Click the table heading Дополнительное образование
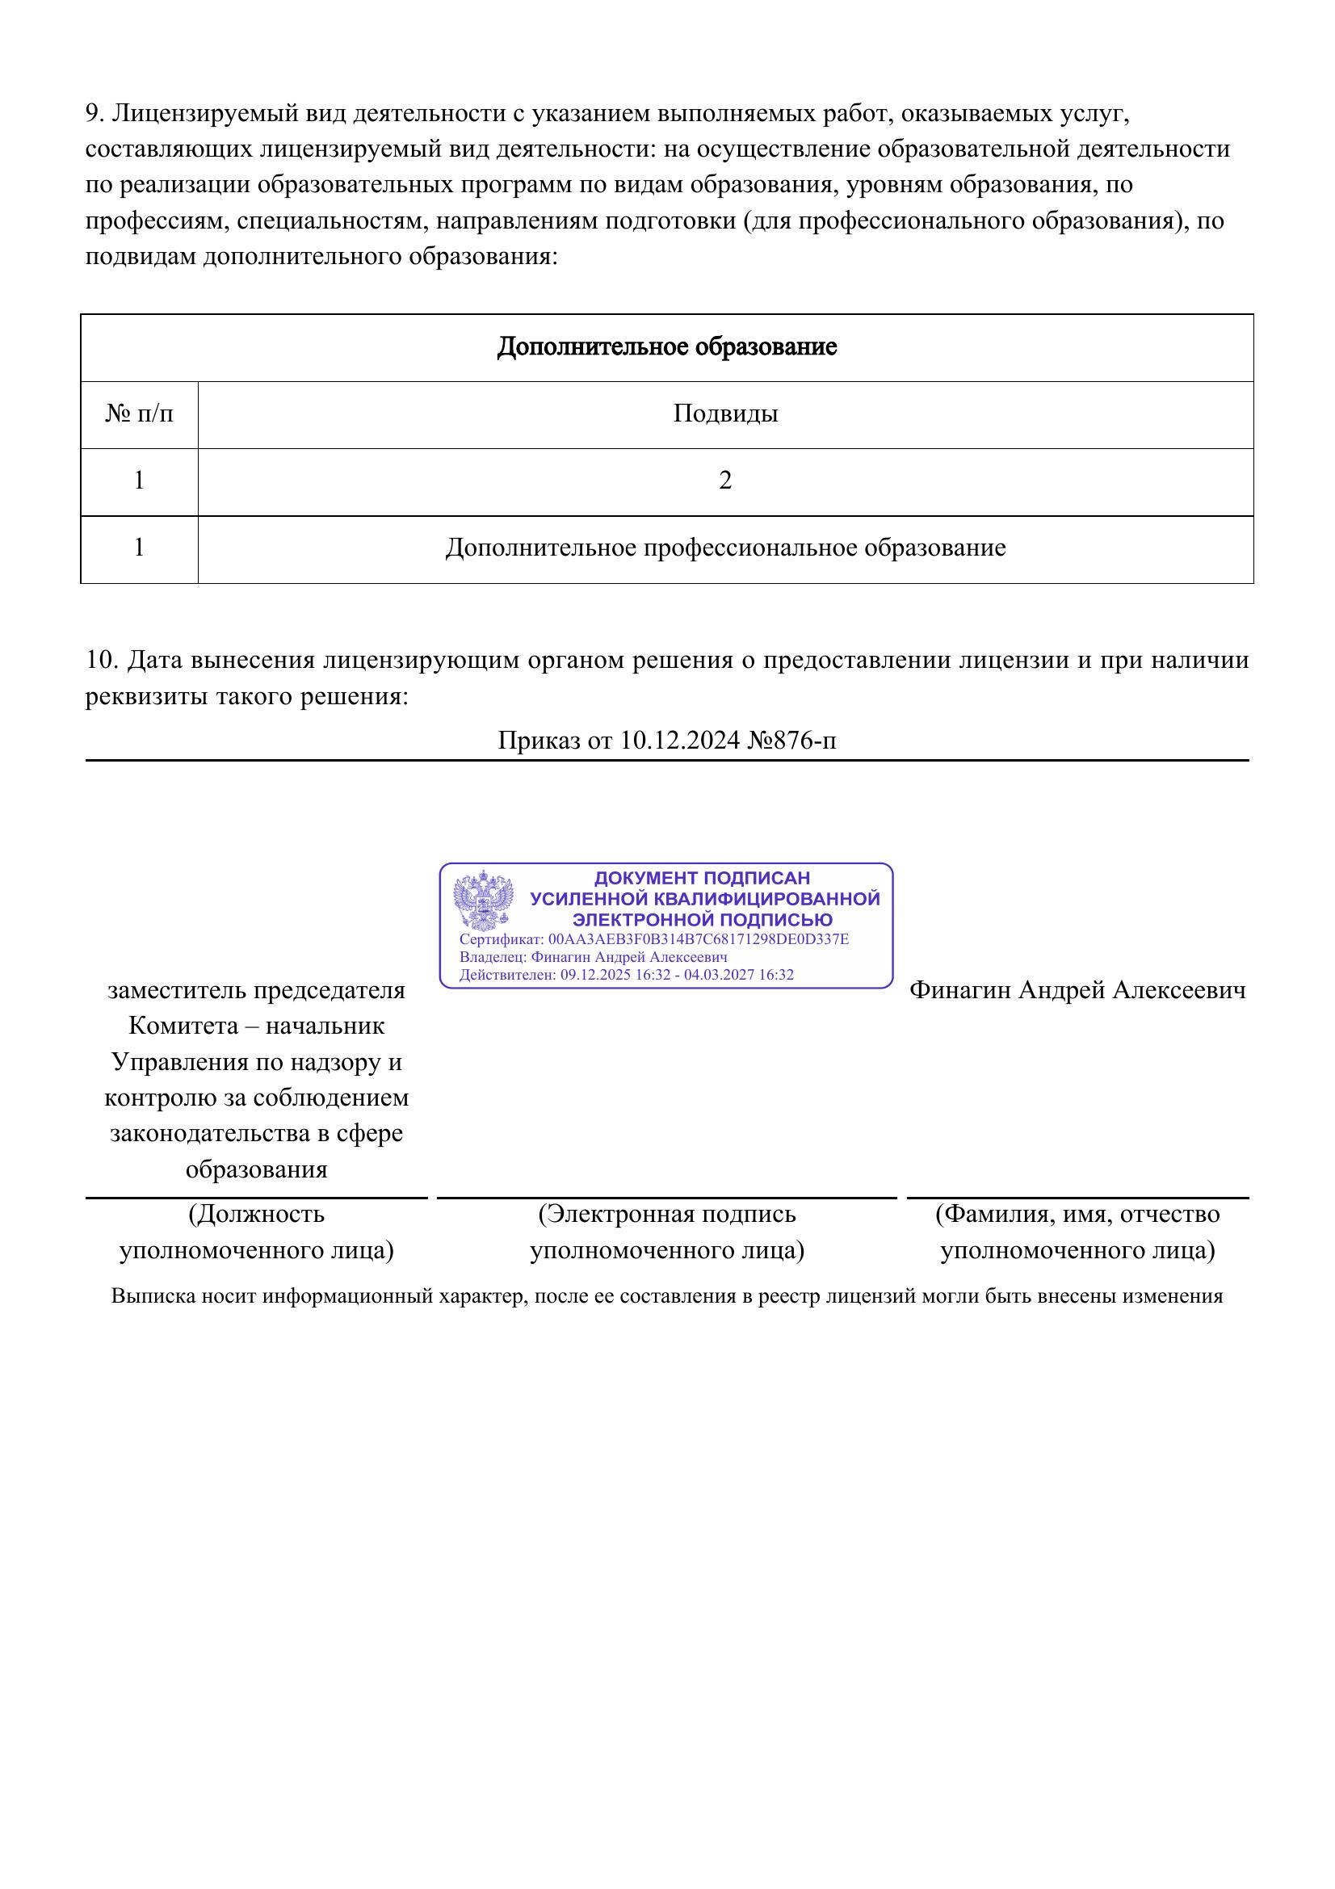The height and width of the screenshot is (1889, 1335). [666, 346]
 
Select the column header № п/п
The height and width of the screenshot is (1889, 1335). [139, 413]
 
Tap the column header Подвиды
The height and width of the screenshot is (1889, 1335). [724, 413]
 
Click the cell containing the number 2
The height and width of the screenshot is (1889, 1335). [724, 481]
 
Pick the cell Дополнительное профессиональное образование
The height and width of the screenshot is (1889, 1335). [724, 548]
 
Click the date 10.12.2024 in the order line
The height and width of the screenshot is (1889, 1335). [680, 741]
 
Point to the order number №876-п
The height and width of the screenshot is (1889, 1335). [791, 741]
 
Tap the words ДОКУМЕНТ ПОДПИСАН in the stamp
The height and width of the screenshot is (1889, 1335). [702, 878]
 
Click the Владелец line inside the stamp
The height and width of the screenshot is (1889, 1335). [593, 957]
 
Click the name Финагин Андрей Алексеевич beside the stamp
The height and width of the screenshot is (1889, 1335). [1077, 990]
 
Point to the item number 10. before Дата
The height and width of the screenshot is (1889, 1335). [103, 660]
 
